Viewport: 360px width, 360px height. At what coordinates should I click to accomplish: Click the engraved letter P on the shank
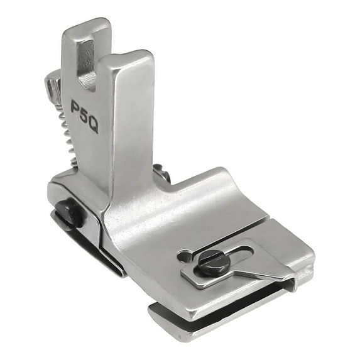click(x=77, y=106)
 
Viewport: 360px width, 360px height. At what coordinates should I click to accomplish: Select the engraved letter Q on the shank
click(x=93, y=126)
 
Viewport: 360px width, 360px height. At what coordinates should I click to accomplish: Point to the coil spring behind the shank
click(x=69, y=136)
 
